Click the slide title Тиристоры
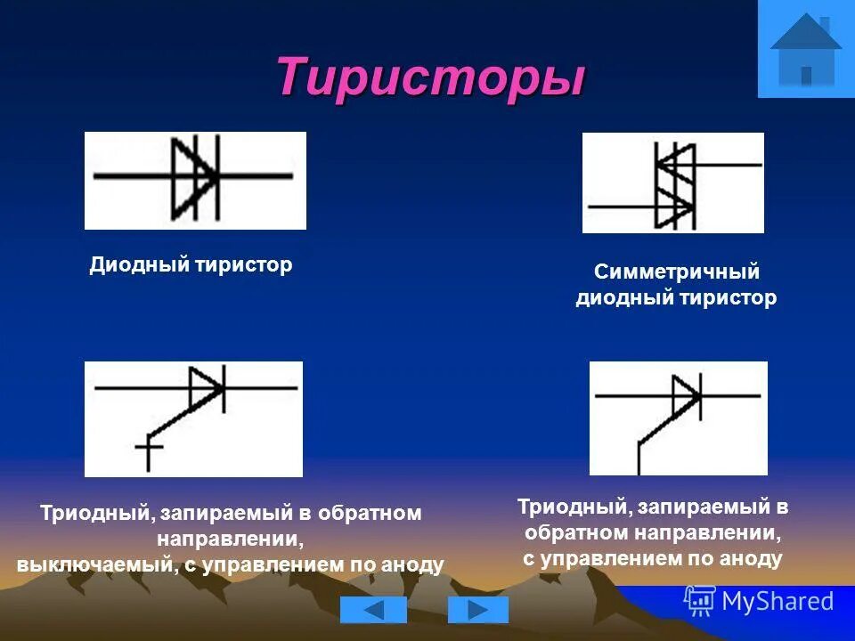tap(430, 77)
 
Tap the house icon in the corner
tap(805, 49)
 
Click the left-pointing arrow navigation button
tap(373, 610)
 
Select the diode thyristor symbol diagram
tap(195, 180)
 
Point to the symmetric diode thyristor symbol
tap(673, 183)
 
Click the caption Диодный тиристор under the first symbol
tap(191, 265)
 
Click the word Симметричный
tap(676, 272)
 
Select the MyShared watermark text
tap(778, 601)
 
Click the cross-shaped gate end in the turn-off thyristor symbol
tap(148, 449)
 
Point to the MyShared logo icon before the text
tap(700, 601)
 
